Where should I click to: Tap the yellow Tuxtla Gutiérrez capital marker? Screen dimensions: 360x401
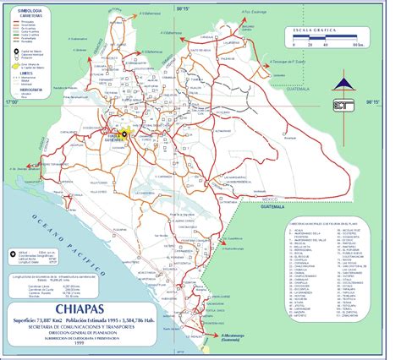[x=123, y=133]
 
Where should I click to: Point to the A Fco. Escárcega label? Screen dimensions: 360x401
[x=257, y=13]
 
